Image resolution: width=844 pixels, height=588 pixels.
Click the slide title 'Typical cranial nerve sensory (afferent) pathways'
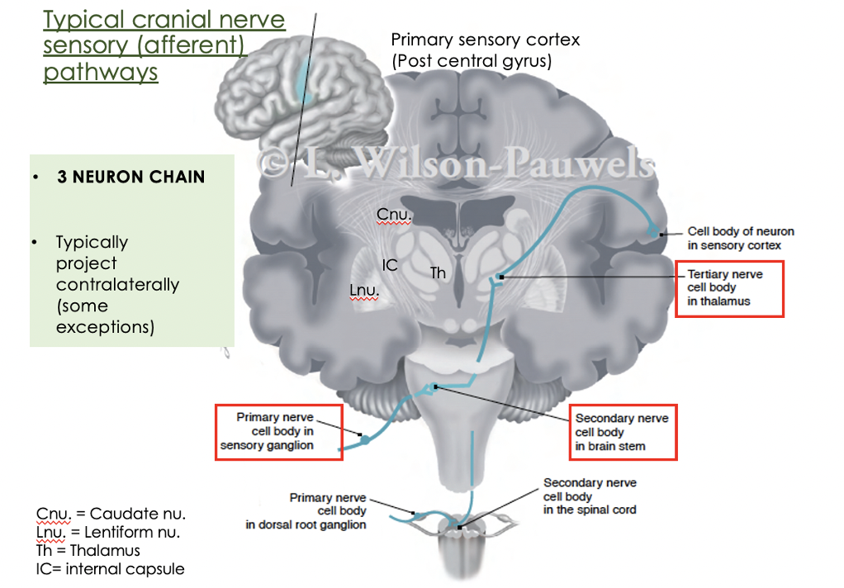pos(164,45)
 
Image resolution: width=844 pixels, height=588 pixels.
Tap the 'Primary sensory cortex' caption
pos(485,50)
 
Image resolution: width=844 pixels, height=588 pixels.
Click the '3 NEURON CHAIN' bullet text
pos(130,177)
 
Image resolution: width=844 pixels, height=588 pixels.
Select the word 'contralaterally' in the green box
pos(117,285)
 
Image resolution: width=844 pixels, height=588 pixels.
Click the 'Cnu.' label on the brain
pos(394,215)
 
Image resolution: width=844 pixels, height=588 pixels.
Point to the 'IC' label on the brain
pos(390,266)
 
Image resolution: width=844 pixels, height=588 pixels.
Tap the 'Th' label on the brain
pos(438,273)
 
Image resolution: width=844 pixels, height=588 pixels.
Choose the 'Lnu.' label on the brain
pos(364,291)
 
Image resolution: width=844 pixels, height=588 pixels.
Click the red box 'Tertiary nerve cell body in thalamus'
pos(729,288)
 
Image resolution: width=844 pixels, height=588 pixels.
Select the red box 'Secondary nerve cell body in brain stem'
pos(624,432)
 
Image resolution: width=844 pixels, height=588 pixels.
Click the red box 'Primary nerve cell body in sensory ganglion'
pos(278,432)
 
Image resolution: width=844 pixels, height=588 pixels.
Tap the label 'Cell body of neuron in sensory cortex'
pos(740,239)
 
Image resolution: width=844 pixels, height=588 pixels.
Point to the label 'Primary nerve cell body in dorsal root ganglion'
pos(306,511)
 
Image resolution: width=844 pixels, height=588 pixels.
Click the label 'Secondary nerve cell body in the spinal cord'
pos(590,496)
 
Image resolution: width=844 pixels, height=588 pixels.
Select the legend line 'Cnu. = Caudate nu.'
pos(111,515)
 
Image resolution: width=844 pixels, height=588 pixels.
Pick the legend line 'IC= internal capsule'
pos(111,569)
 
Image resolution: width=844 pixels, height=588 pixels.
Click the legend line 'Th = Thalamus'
pos(88,551)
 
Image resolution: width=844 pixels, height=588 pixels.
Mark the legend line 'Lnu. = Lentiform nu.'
pos(108,533)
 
